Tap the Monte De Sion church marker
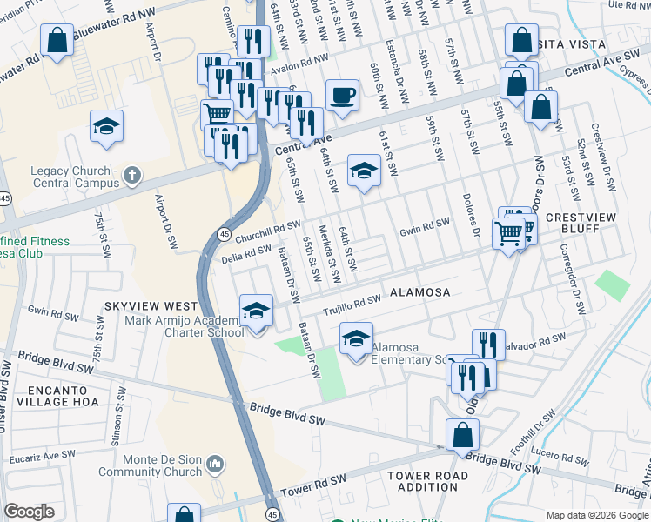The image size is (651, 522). (216, 466)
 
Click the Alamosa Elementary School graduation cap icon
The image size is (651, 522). (356, 339)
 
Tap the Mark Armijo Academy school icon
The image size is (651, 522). (256, 311)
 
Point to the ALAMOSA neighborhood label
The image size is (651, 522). (419, 293)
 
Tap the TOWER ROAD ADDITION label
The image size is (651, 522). (427, 481)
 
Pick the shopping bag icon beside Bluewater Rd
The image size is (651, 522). (57, 42)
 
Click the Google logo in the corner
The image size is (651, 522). (29, 512)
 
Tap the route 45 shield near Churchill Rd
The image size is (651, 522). (225, 234)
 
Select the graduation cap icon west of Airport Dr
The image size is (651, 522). (106, 127)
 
